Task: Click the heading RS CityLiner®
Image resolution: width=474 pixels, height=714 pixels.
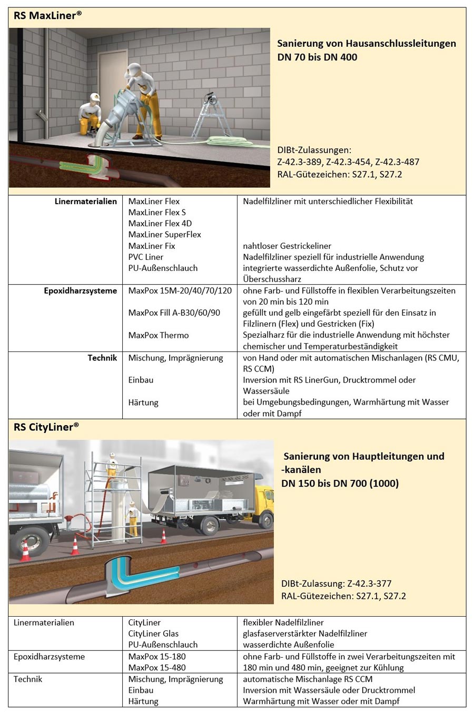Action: pyautogui.click(x=46, y=427)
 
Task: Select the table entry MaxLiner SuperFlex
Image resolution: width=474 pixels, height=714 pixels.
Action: pyautogui.click(x=164, y=235)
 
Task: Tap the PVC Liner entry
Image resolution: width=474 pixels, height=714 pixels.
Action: pyautogui.click(x=146, y=257)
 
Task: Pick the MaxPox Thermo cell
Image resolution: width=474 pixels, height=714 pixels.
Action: pyautogui.click(x=158, y=335)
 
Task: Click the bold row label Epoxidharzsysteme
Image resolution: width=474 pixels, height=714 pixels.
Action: pyautogui.click(x=81, y=290)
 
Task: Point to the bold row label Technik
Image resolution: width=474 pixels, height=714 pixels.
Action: pyautogui.click(x=102, y=358)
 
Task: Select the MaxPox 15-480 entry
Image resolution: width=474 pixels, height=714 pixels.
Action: pyautogui.click(x=157, y=668)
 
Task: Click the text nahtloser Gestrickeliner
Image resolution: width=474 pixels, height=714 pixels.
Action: pyautogui.click(x=287, y=246)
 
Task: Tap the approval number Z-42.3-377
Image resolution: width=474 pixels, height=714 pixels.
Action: pyautogui.click(x=369, y=584)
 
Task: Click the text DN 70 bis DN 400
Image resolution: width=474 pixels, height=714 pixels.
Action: pyautogui.click(x=317, y=57)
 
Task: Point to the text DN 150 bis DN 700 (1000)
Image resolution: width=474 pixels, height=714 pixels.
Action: pyautogui.click(x=340, y=483)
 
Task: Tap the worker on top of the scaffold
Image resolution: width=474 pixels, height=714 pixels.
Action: pyautogui.click(x=112, y=464)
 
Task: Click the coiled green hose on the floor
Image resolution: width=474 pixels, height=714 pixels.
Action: pyautogui.click(x=226, y=140)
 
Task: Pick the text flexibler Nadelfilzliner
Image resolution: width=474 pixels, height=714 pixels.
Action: pyautogui.click(x=283, y=622)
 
